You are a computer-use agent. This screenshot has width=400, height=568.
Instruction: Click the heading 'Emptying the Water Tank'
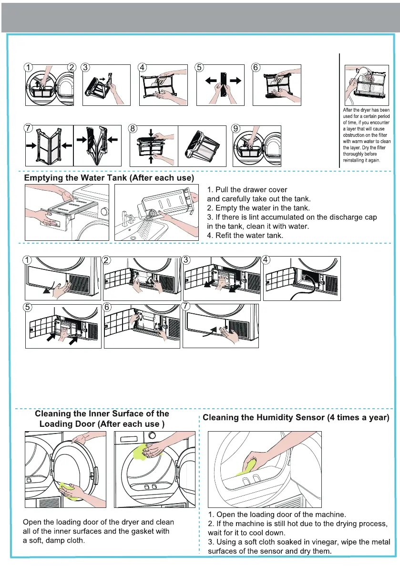pos(109,178)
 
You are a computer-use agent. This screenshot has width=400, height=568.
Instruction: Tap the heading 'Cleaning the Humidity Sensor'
pos(296,418)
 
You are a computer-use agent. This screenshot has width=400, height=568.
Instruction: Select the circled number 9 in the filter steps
pos(236,128)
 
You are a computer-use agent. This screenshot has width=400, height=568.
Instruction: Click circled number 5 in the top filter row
pos(200,68)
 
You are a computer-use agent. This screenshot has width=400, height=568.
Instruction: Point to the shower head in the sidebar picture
pos(363,72)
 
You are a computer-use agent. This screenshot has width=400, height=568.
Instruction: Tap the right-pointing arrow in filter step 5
pos(234,81)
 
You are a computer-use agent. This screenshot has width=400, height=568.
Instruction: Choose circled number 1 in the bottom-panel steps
pos(29,260)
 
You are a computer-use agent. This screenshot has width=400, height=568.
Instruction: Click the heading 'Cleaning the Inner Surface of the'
pos(102,413)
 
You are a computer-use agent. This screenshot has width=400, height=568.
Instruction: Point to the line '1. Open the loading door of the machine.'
pos(277,514)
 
